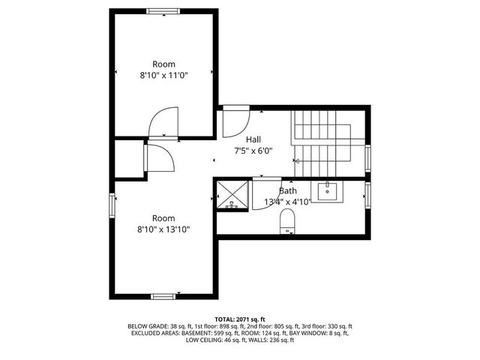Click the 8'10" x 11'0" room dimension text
(163, 76)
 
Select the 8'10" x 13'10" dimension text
(163, 229)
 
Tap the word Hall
(253, 139)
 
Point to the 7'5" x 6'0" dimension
(253, 150)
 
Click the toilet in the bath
(287, 221)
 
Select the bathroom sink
(328, 191)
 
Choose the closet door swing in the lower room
(159, 158)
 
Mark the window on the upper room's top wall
(163, 11)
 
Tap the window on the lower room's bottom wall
(163, 296)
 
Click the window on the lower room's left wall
(113, 204)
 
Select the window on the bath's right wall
(367, 194)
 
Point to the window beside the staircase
(367, 157)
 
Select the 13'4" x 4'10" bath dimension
(287, 202)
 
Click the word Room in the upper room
(163, 64)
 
